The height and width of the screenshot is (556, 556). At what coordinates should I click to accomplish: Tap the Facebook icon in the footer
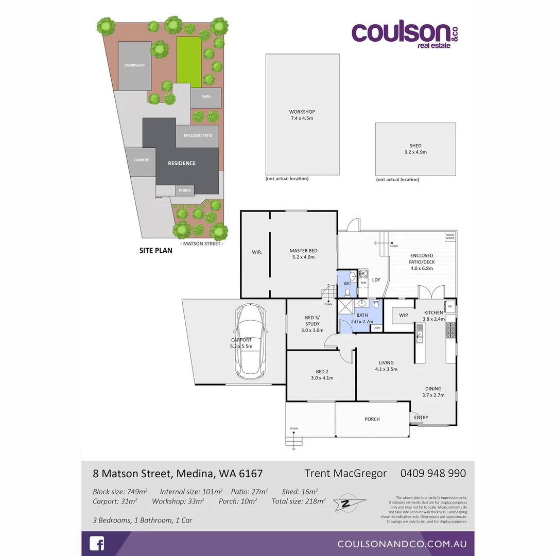[97, 544]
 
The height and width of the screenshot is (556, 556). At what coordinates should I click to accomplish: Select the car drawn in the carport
[249, 340]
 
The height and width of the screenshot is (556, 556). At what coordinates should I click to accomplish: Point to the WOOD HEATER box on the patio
[450, 236]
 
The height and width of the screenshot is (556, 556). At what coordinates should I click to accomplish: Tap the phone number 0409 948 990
[433, 473]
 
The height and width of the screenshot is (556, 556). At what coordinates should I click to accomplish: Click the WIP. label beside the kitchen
[403, 315]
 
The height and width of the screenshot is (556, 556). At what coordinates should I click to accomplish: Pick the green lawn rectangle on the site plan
[189, 61]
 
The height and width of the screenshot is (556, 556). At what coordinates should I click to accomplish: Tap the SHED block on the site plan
[206, 97]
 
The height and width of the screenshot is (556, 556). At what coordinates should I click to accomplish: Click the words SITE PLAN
[156, 251]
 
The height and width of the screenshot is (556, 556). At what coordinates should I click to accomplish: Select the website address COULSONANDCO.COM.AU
[402, 544]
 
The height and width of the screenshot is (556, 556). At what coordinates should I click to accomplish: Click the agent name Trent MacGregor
[345, 473]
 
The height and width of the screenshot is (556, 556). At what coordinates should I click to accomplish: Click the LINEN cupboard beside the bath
[377, 328]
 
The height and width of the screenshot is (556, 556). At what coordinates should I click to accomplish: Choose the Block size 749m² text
[120, 491]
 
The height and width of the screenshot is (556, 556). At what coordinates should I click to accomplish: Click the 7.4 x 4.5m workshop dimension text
[302, 118]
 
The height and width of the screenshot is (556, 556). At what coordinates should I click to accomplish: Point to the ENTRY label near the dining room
[421, 418]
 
